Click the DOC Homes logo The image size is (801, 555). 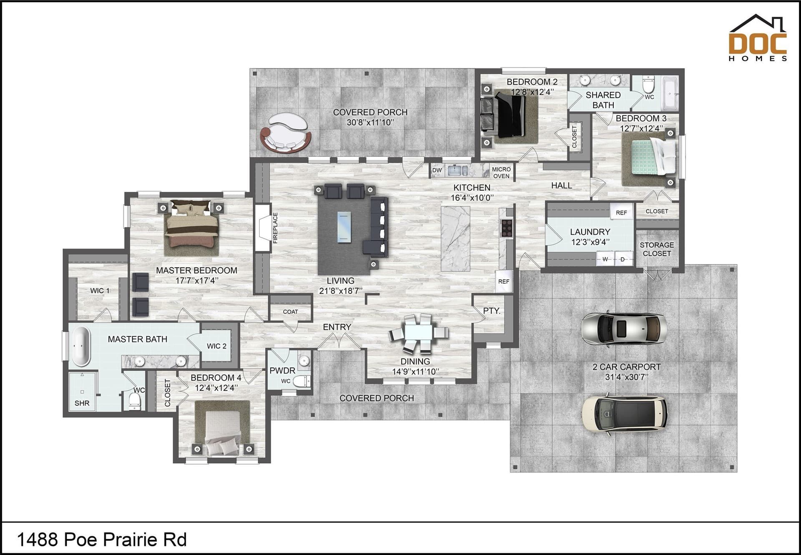click(758, 38)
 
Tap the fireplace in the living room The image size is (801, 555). click(263, 228)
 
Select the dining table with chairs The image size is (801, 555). click(418, 334)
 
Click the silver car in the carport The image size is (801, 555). click(624, 329)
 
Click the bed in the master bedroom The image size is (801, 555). click(191, 228)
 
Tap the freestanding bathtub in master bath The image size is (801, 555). click(81, 346)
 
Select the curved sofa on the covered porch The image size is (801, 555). click(286, 132)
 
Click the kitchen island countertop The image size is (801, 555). click(455, 239)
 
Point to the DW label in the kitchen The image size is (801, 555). click(437, 170)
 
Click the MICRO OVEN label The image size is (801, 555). click(501, 173)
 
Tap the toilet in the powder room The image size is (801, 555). click(302, 381)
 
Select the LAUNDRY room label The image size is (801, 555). click(590, 232)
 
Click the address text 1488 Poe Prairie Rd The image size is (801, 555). click(102, 540)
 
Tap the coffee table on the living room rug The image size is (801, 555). click(344, 227)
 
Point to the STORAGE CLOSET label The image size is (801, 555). click(657, 249)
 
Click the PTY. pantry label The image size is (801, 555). click(491, 311)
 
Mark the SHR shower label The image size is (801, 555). click(82, 403)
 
